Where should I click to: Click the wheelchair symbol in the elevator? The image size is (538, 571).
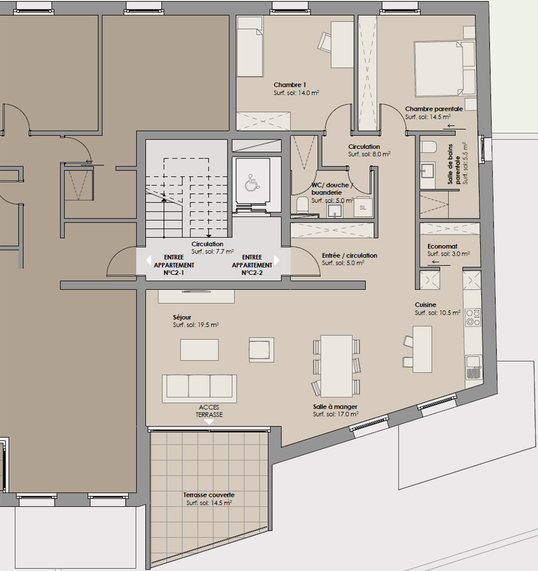pyautogui.click(x=252, y=183)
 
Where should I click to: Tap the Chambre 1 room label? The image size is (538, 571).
pyautogui.click(x=290, y=85)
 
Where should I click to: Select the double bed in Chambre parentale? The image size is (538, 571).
pyautogui.click(x=445, y=69)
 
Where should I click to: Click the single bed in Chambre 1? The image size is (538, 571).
pyautogui.click(x=250, y=47)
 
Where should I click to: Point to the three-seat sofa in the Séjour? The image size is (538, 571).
pyautogui.click(x=199, y=388)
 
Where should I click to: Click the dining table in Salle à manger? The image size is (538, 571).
pyautogui.click(x=337, y=366)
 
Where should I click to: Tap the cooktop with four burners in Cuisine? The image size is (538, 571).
pyautogui.click(x=473, y=317)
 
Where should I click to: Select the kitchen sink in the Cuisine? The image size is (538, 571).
pyautogui.click(x=473, y=368)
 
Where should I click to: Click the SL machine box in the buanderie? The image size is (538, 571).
pyautogui.click(x=363, y=208)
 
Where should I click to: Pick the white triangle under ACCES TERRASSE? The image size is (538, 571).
pyautogui.click(x=209, y=422)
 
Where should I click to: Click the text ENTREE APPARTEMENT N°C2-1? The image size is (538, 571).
pyautogui.click(x=173, y=265)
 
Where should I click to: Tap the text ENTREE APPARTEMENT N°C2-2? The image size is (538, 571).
pyautogui.click(x=252, y=265)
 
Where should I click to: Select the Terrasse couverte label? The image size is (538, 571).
pyautogui.click(x=209, y=495)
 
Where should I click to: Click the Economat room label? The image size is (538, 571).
pyautogui.click(x=442, y=246)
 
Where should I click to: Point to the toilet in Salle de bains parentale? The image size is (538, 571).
pyautogui.click(x=428, y=147)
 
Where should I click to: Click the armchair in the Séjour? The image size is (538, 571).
pyautogui.click(x=261, y=350)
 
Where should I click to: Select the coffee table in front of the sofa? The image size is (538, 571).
pyautogui.click(x=199, y=350)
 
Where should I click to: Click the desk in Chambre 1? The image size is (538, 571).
pyautogui.click(x=342, y=44)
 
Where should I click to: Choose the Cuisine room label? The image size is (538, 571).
pyautogui.click(x=425, y=305)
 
